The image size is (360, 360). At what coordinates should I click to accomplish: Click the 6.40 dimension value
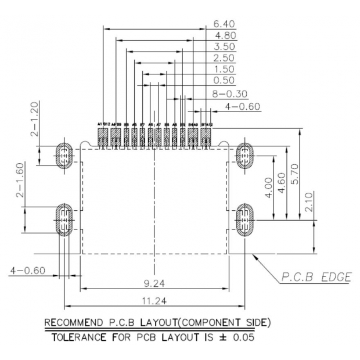click(x=224, y=24)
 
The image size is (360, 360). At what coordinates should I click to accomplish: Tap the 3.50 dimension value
click(x=224, y=46)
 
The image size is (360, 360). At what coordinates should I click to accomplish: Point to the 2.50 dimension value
click(x=224, y=58)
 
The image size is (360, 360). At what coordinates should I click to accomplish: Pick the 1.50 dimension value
click(x=224, y=69)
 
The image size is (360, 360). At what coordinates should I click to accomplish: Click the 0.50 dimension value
click(x=224, y=80)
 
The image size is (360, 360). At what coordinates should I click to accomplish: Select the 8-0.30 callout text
click(x=230, y=93)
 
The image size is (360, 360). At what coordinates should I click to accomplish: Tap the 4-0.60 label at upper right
click(x=243, y=106)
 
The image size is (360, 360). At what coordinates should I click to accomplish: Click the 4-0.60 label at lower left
click(x=27, y=270)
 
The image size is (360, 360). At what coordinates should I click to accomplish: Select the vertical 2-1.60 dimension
click(x=20, y=181)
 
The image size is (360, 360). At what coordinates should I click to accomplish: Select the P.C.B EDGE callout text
click(x=316, y=277)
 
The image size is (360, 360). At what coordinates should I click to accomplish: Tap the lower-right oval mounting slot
click(x=244, y=220)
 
